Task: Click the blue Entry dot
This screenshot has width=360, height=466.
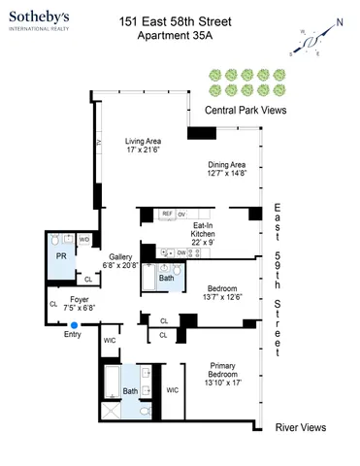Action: (x=75, y=325)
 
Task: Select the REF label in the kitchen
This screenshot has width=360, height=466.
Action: (x=168, y=214)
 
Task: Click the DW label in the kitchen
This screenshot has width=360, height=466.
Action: (x=180, y=252)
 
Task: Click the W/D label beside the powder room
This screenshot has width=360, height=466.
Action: (x=84, y=238)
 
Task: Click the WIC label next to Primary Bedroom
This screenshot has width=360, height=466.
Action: (x=173, y=390)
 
